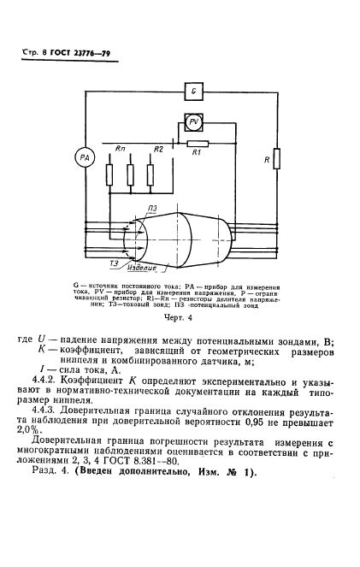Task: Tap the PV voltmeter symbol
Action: (x=195, y=121)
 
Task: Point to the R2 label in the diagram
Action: (x=157, y=149)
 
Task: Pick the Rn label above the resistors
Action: (x=121, y=149)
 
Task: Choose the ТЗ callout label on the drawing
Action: (x=115, y=263)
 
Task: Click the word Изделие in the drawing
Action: (x=150, y=268)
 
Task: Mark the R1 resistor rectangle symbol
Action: (x=198, y=142)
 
